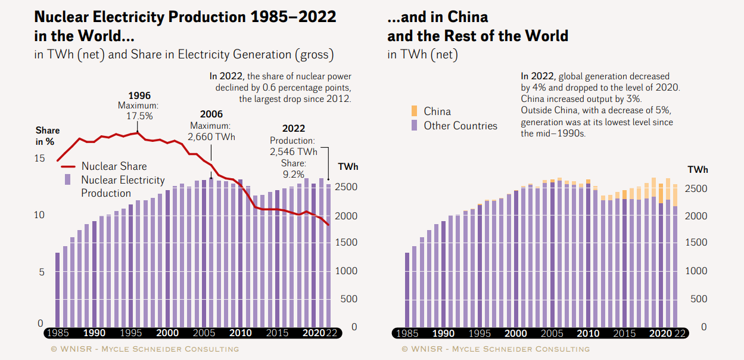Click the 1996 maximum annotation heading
(139, 95)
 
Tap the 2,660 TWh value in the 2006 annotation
(211, 137)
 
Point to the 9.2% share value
(293, 174)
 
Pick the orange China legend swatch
(414, 111)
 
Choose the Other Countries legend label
(460, 126)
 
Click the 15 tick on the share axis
(39, 159)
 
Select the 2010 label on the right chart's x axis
(589, 334)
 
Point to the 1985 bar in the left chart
(58, 289)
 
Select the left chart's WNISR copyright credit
(144, 349)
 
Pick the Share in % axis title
(47, 136)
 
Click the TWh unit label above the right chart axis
(698, 170)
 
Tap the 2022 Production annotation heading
(293, 129)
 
